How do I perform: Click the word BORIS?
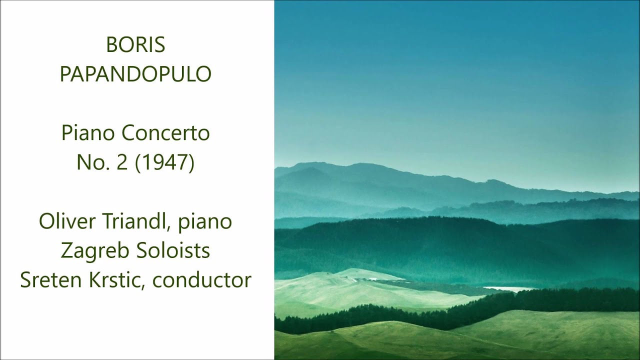pyautogui.click(x=135, y=45)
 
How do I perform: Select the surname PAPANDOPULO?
pyautogui.click(x=135, y=74)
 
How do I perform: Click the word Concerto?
pyautogui.click(x=165, y=133)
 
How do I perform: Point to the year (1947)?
pyautogui.click(x=165, y=162)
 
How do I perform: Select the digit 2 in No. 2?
pyautogui.click(x=122, y=162)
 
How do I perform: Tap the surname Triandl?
pyautogui.click(x=132, y=221)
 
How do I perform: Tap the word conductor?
pyautogui.click(x=202, y=280)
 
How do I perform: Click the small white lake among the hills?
pyautogui.click(x=505, y=288)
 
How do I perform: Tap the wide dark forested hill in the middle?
pyautogui.click(x=450, y=245)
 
